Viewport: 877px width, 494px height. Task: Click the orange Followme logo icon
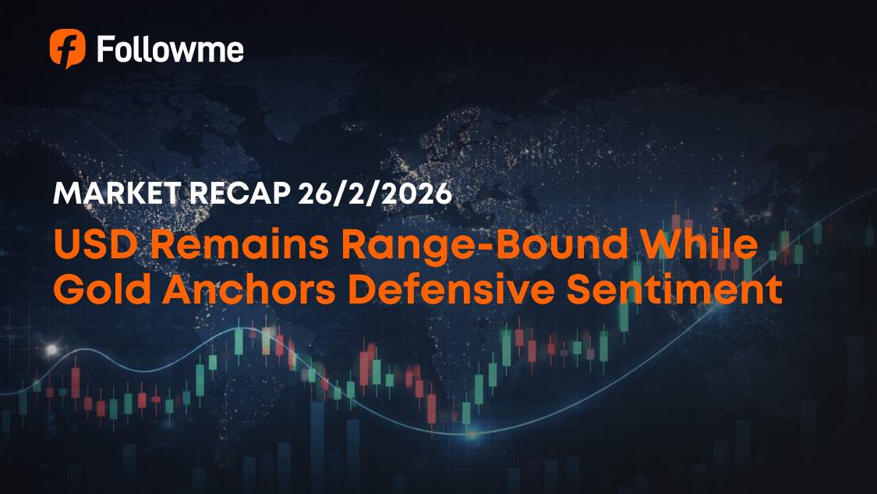tap(67, 48)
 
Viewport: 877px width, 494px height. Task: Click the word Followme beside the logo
tap(170, 49)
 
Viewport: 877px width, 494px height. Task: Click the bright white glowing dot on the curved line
tap(53, 349)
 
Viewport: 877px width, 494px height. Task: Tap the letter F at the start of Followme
tap(104, 49)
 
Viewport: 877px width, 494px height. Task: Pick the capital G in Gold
tap(69, 290)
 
